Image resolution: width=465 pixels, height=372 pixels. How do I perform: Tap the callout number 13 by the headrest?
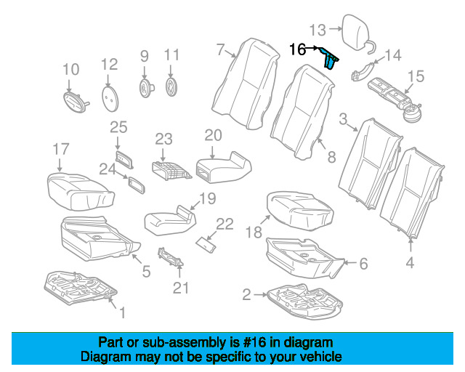tap(318, 30)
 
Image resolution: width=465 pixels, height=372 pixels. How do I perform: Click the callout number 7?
tap(220, 49)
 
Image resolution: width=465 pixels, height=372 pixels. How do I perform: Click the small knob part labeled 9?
tap(145, 88)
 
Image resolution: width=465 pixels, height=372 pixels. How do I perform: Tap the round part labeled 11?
tap(172, 87)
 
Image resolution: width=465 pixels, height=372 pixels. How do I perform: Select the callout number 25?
tap(118, 128)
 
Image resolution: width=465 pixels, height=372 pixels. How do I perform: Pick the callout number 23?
tap(163, 139)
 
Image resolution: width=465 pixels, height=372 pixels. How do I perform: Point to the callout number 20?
tap(212, 135)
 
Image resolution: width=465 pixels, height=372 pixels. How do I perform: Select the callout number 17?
tap(60, 150)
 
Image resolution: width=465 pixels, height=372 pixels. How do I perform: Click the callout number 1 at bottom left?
tap(122, 314)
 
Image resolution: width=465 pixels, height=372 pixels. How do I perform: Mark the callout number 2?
tap(246, 294)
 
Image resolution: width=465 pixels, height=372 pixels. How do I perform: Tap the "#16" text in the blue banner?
tap(246, 342)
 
